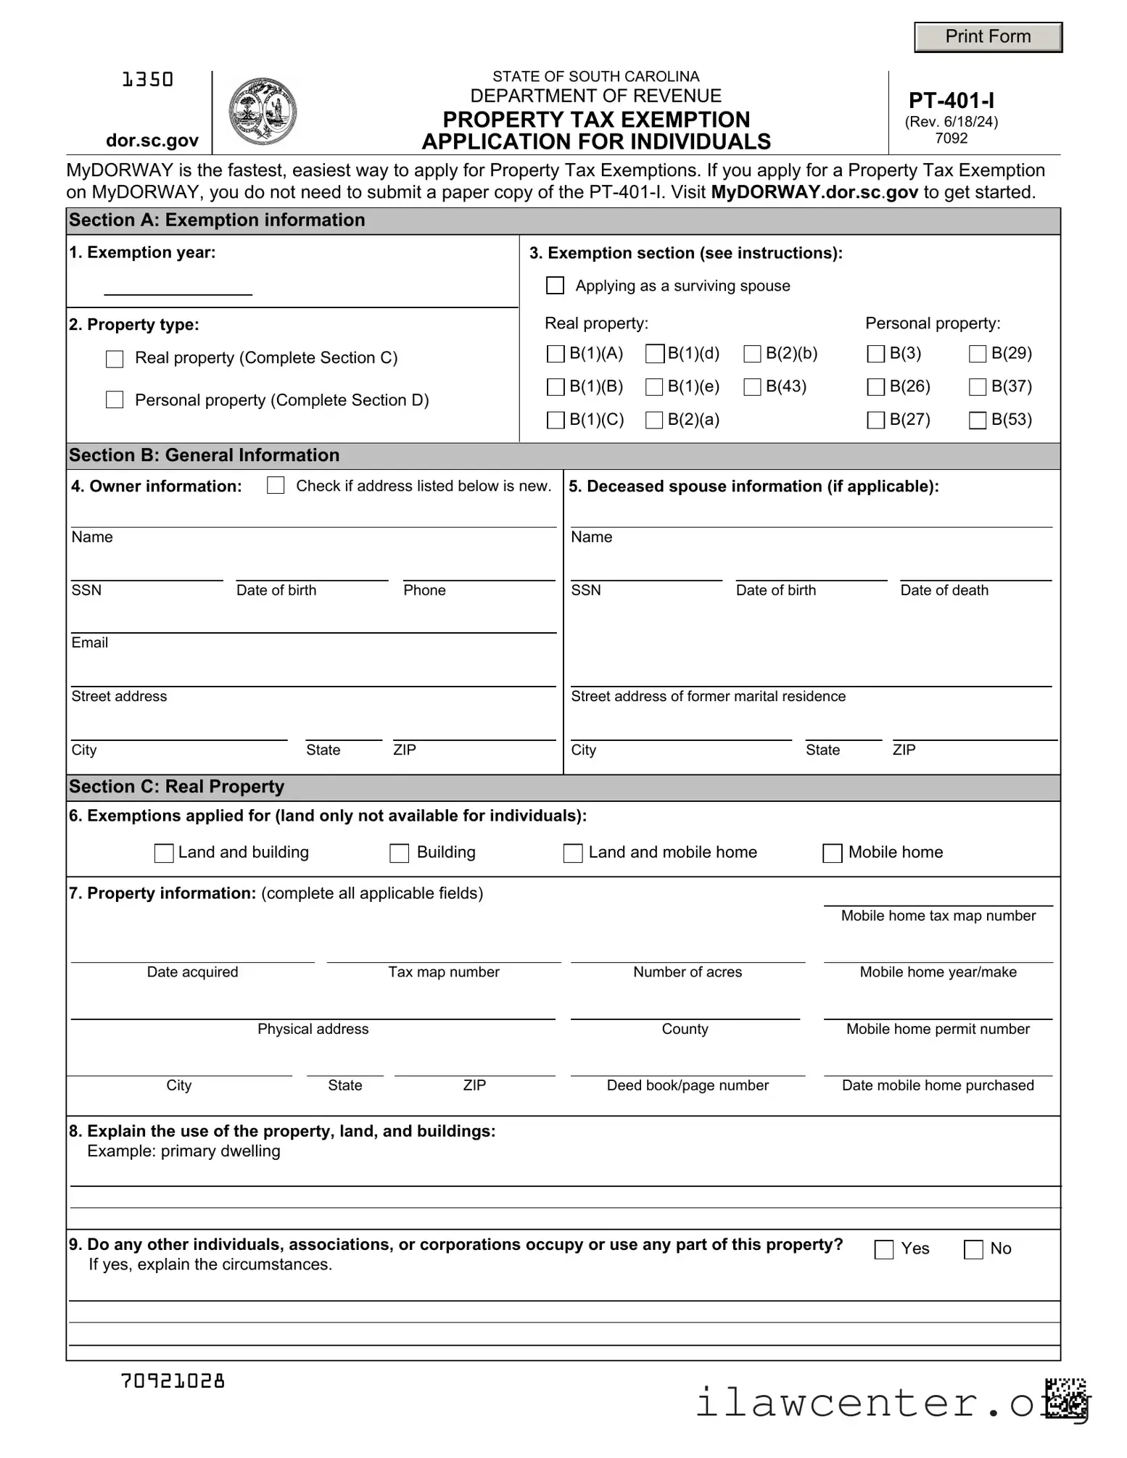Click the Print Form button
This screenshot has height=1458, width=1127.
click(x=987, y=37)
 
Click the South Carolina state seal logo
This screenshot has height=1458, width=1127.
click(x=262, y=112)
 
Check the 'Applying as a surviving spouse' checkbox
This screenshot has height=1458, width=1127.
click(x=555, y=286)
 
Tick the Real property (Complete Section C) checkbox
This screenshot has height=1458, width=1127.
click(x=115, y=359)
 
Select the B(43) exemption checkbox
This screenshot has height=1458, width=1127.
click(x=753, y=387)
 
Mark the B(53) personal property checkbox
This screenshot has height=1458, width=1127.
click(x=978, y=421)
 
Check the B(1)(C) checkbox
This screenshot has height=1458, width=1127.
click(x=556, y=421)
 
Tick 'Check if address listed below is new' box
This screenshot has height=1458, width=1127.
click(x=276, y=486)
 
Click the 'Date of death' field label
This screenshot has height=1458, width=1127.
click(x=944, y=590)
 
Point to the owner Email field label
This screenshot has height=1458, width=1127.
click(x=90, y=643)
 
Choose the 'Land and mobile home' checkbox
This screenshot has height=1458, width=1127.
click(x=573, y=853)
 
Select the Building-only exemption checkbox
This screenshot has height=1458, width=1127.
click(x=400, y=853)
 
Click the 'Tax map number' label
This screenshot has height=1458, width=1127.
click(x=443, y=972)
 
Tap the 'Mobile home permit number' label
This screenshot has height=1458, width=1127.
click(x=937, y=1029)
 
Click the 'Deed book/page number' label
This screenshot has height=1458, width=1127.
click(x=687, y=1085)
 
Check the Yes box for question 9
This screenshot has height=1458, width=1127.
click(x=884, y=1250)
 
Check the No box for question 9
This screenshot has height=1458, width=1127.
click(x=973, y=1250)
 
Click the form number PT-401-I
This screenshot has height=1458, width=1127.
click(x=951, y=101)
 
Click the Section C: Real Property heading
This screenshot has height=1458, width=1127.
click(x=176, y=787)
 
